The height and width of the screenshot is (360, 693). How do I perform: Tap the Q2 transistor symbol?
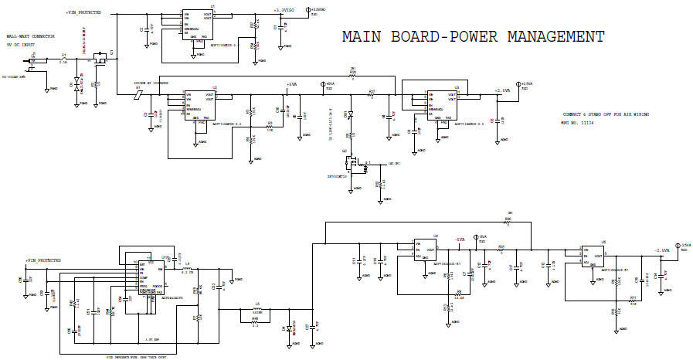coord(355,164)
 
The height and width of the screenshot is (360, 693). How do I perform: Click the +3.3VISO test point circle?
coord(308,10)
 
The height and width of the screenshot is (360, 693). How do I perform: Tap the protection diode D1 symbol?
coord(76,84)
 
